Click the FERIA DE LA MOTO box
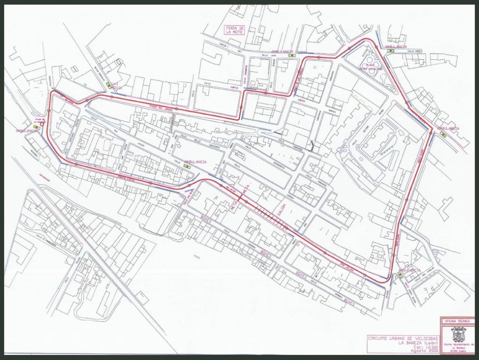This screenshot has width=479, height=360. [235, 30]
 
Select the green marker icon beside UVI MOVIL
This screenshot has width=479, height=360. [108, 86]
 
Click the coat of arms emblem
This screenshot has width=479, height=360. [457, 335]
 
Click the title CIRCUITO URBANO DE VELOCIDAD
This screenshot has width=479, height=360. [403, 337]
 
